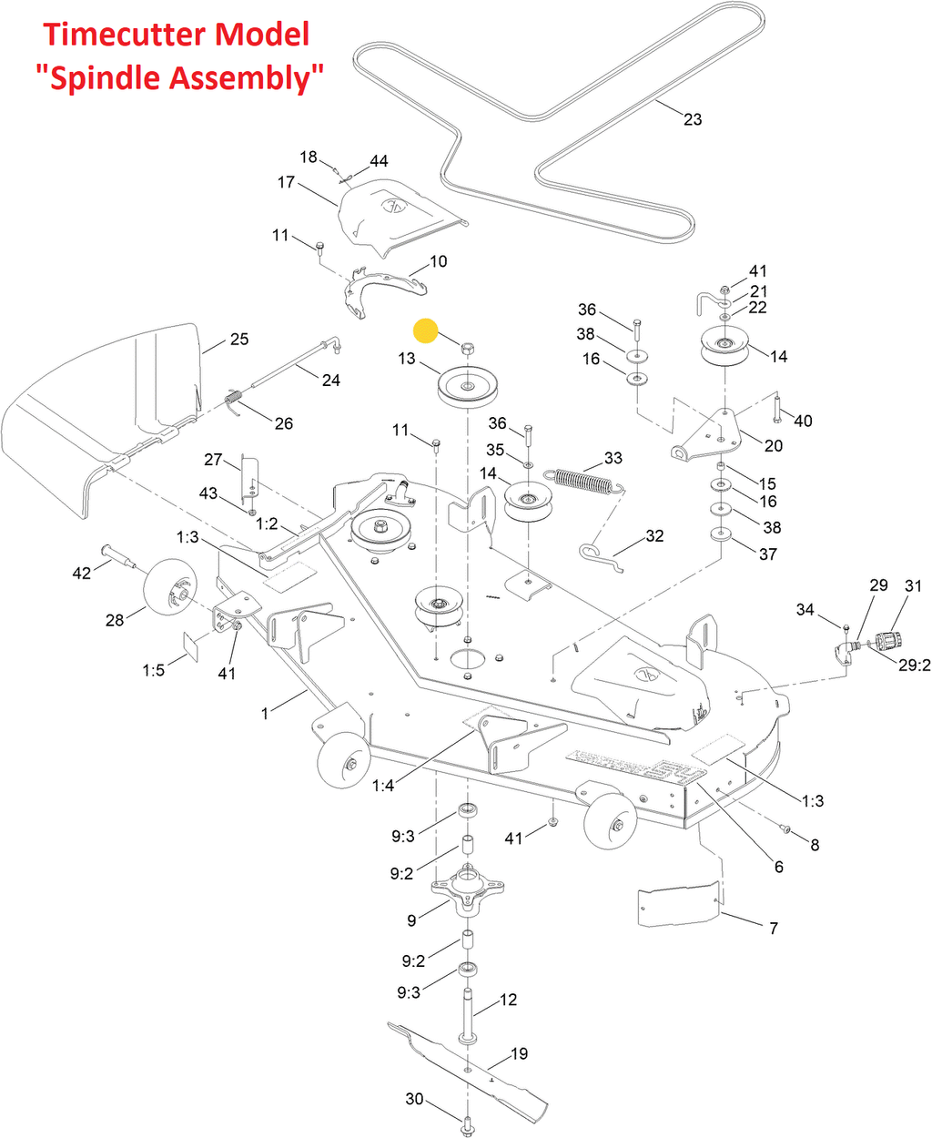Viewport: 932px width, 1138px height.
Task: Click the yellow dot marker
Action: (425, 331)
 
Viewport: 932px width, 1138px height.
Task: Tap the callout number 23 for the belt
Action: (693, 119)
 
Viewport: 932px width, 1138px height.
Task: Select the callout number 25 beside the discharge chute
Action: (239, 339)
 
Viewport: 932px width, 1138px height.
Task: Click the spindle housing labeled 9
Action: (467, 892)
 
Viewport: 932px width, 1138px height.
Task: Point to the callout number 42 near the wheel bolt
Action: (82, 573)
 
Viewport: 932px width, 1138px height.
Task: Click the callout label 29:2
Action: (914, 666)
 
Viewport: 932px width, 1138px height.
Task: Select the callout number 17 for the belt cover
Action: (286, 182)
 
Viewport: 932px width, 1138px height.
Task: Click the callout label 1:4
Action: (383, 785)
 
